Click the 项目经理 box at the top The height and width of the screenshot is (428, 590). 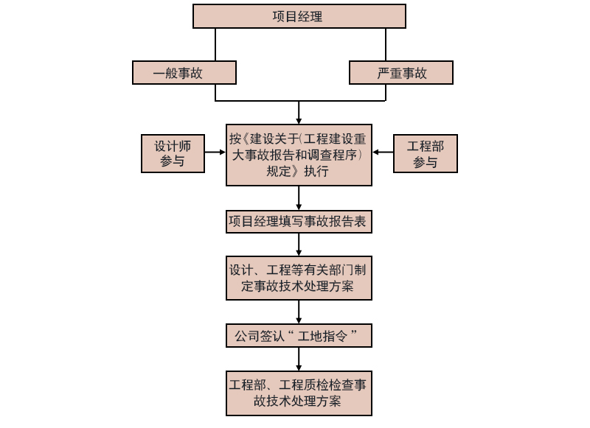[x=299, y=16]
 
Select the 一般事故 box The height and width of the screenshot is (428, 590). [x=184, y=73]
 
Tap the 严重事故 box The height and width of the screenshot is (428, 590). [x=400, y=73]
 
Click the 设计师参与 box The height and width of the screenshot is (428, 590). [x=173, y=153]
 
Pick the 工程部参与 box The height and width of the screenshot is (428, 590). [x=425, y=153]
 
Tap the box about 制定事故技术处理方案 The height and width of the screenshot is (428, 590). [x=299, y=278]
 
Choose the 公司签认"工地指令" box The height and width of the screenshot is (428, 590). [x=299, y=336]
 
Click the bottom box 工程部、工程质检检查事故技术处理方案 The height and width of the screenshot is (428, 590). [x=299, y=393]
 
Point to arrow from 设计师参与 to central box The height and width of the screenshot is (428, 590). [x=215, y=152]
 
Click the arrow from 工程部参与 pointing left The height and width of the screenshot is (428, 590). [x=383, y=152]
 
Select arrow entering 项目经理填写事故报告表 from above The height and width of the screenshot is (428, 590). [x=299, y=198]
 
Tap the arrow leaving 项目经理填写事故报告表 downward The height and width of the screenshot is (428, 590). [x=299, y=244]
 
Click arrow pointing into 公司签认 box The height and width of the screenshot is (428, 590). [x=299, y=312]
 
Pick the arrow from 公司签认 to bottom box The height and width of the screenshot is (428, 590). [x=299, y=358]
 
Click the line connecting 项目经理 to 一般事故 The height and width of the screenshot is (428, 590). [x=215, y=44]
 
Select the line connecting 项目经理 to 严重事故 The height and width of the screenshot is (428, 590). [x=386, y=44]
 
